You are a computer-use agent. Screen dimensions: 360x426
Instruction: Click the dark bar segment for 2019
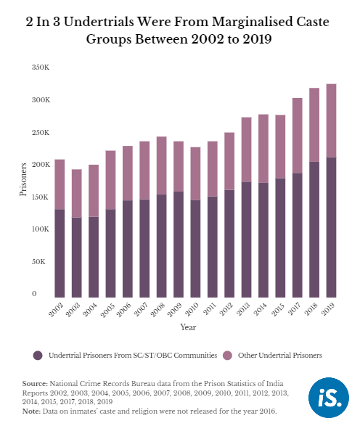pyautogui.click(x=331, y=227)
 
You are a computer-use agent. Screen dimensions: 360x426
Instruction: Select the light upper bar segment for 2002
pyautogui.click(x=60, y=184)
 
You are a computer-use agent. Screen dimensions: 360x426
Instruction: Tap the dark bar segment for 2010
pyautogui.click(x=195, y=249)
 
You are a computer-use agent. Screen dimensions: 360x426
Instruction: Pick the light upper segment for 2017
pyautogui.click(x=298, y=136)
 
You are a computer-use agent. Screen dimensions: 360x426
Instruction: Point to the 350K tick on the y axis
pyautogui.click(x=41, y=67)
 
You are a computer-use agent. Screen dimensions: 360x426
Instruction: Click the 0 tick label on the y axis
pyautogui.click(x=34, y=294)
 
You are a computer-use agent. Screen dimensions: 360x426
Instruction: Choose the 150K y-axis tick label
pyautogui.click(x=41, y=197)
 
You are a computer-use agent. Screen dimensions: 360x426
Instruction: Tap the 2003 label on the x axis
pyautogui.click(x=73, y=310)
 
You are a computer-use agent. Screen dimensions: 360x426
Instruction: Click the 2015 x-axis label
pyautogui.click(x=277, y=310)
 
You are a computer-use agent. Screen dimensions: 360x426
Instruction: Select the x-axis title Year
pyautogui.click(x=188, y=327)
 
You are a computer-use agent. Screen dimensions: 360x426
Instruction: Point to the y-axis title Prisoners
pyautogui.click(x=23, y=179)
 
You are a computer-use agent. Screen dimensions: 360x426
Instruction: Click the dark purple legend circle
pyautogui.click(x=38, y=356)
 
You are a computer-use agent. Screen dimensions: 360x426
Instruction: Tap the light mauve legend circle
pyautogui.click(x=227, y=356)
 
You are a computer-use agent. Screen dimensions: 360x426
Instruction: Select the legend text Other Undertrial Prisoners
pyautogui.click(x=280, y=356)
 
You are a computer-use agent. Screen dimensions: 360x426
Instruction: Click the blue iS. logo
pyautogui.click(x=329, y=398)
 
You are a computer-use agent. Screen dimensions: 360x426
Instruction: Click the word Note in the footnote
pyautogui.click(x=31, y=411)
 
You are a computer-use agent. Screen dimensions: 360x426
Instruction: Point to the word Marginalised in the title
pyautogui.click(x=251, y=22)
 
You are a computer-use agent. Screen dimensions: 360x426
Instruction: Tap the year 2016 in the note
pyautogui.click(x=267, y=411)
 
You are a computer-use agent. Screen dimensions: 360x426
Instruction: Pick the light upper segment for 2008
pyautogui.click(x=161, y=165)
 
